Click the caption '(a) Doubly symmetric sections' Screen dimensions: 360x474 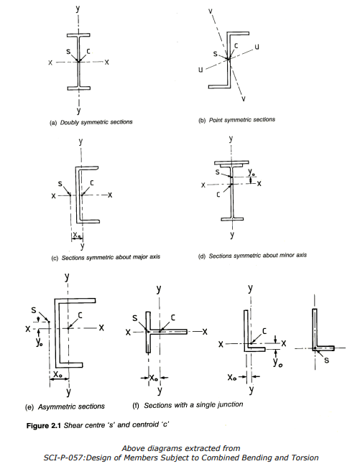(x=91, y=122)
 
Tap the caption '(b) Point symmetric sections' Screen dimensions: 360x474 (x=236, y=120)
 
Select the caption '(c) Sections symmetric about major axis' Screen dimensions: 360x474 (x=106, y=257)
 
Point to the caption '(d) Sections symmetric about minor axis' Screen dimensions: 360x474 (x=252, y=256)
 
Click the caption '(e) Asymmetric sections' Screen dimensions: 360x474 (x=65, y=406)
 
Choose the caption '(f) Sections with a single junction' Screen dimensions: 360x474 (x=188, y=405)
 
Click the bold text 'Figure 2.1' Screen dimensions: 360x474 (x=44, y=426)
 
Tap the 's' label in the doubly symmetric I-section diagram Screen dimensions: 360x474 (x=68, y=52)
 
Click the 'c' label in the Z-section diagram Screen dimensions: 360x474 (x=236, y=45)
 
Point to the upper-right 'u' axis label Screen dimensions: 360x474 (x=257, y=47)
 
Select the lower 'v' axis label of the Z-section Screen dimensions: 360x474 (x=244, y=98)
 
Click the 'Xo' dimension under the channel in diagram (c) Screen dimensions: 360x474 (x=77, y=235)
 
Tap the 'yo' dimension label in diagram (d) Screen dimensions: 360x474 (x=251, y=172)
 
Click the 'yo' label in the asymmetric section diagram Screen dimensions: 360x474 (x=39, y=342)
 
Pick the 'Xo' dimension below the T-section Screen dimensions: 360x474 (x=154, y=378)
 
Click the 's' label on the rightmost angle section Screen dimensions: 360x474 (x=326, y=360)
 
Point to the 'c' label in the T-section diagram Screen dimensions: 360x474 (x=172, y=317)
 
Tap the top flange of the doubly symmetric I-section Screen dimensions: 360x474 (x=78, y=35)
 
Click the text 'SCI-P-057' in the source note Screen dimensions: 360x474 (x=63, y=457)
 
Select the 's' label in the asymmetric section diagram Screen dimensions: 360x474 (x=34, y=310)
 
